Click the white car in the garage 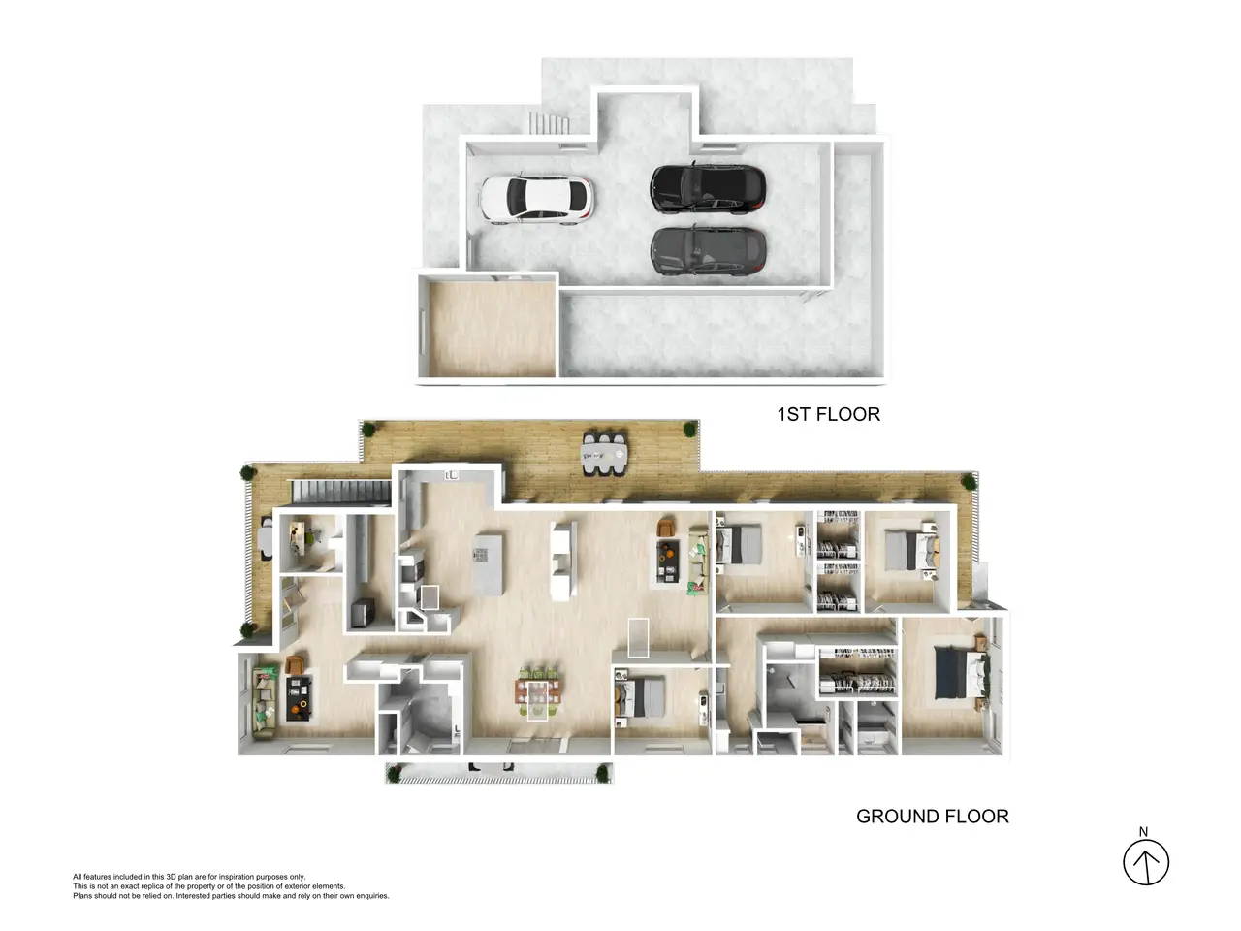536,199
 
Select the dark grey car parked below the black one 708,251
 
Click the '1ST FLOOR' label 828,414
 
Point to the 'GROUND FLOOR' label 933,817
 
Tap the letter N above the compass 1143,831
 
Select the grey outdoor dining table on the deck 604,453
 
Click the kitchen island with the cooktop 488,563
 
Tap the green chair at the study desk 312,534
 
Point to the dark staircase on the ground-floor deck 341,492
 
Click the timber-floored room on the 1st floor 492,329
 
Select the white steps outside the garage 549,123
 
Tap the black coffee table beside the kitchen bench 668,562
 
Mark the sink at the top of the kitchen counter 451,475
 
